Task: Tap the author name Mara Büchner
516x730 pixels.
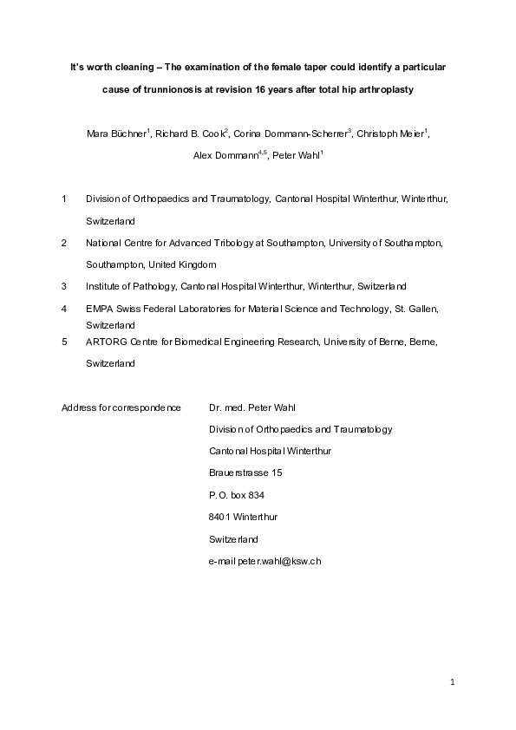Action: pyautogui.click(x=116, y=134)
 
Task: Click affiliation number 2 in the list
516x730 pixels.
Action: pyautogui.click(x=64, y=244)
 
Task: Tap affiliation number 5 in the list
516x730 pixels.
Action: pyautogui.click(x=64, y=342)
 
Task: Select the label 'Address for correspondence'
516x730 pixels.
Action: pyautogui.click(x=121, y=407)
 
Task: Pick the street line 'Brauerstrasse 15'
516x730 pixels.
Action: pyautogui.click(x=245, y=473)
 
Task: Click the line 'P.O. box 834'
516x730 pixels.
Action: pyautogui.click(x=237, y=494)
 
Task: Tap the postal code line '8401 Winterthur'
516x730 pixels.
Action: pyautogui.click(x=244, y=517)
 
